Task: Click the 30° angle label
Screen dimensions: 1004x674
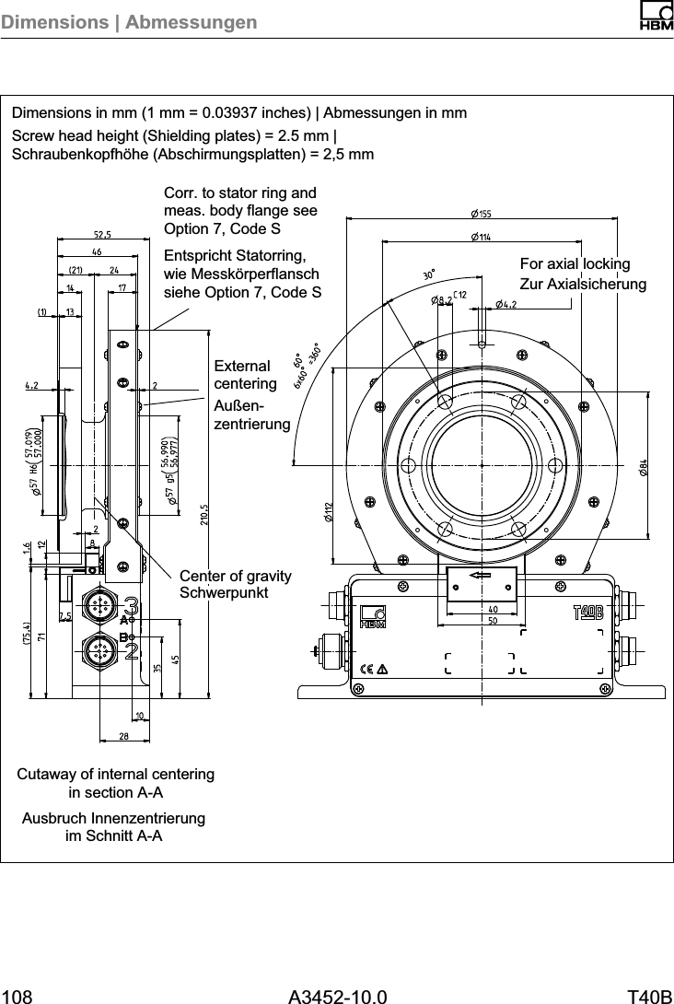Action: pos(429,274)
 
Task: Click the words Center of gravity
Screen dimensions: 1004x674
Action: pos(235,577)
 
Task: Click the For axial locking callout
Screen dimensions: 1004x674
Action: pos(575,264)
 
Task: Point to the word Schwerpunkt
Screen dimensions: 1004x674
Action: pos(224,592)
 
